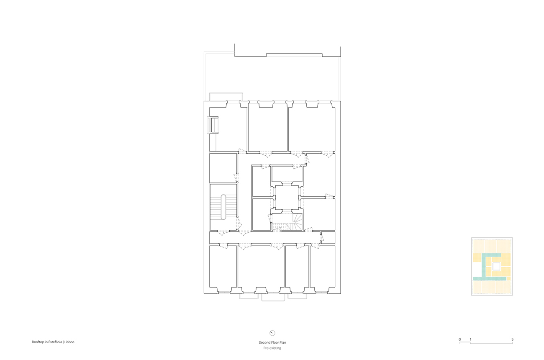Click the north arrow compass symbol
click(x=272, y=333)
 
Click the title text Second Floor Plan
click(x=272, y=342)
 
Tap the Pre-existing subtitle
click(x=272, y=348)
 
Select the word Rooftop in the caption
click(x=38, y=342)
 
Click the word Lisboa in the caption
click(x=69, y=342)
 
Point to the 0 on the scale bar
click(x=460, y=339)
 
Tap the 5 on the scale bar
click(x=513, y=339)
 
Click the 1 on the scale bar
click(x=470, y=339)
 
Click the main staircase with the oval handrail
click(x=223, y=207)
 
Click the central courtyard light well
click(x=287, y=197)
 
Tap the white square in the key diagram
click(x=496, y=267)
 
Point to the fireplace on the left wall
click(x=213, y=125)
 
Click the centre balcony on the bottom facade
click(x=273, y=297)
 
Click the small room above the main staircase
click(x=223, y=168)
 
